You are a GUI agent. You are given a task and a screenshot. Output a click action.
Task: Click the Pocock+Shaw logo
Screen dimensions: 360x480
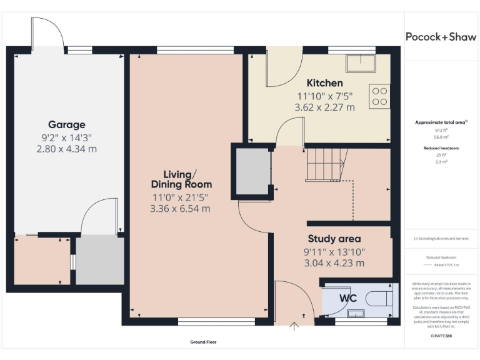point(441,37)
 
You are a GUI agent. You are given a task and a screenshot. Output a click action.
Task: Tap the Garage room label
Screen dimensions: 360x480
point(66,125)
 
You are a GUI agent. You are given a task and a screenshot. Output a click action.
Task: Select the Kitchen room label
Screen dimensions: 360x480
point(324,83)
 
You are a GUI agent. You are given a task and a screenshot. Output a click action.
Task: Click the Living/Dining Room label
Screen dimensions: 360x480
point(181,179)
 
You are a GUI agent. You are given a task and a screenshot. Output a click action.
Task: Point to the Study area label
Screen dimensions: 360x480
point(334,239)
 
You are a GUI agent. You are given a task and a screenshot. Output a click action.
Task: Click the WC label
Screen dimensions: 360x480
point(347,298)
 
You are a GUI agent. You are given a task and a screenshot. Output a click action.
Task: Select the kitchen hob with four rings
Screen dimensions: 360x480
point(380,96)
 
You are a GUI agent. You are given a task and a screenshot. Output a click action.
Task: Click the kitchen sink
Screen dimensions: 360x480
point(361,62)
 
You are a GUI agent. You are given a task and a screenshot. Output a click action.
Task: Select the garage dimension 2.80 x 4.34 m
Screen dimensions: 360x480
point(66,149)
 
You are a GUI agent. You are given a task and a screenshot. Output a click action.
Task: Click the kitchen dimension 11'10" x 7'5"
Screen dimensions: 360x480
point(324,96)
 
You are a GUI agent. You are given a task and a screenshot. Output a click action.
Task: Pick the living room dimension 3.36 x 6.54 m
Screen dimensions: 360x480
point(180,208)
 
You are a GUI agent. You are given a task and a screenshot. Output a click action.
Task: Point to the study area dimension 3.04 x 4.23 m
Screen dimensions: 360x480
point(334,263)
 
